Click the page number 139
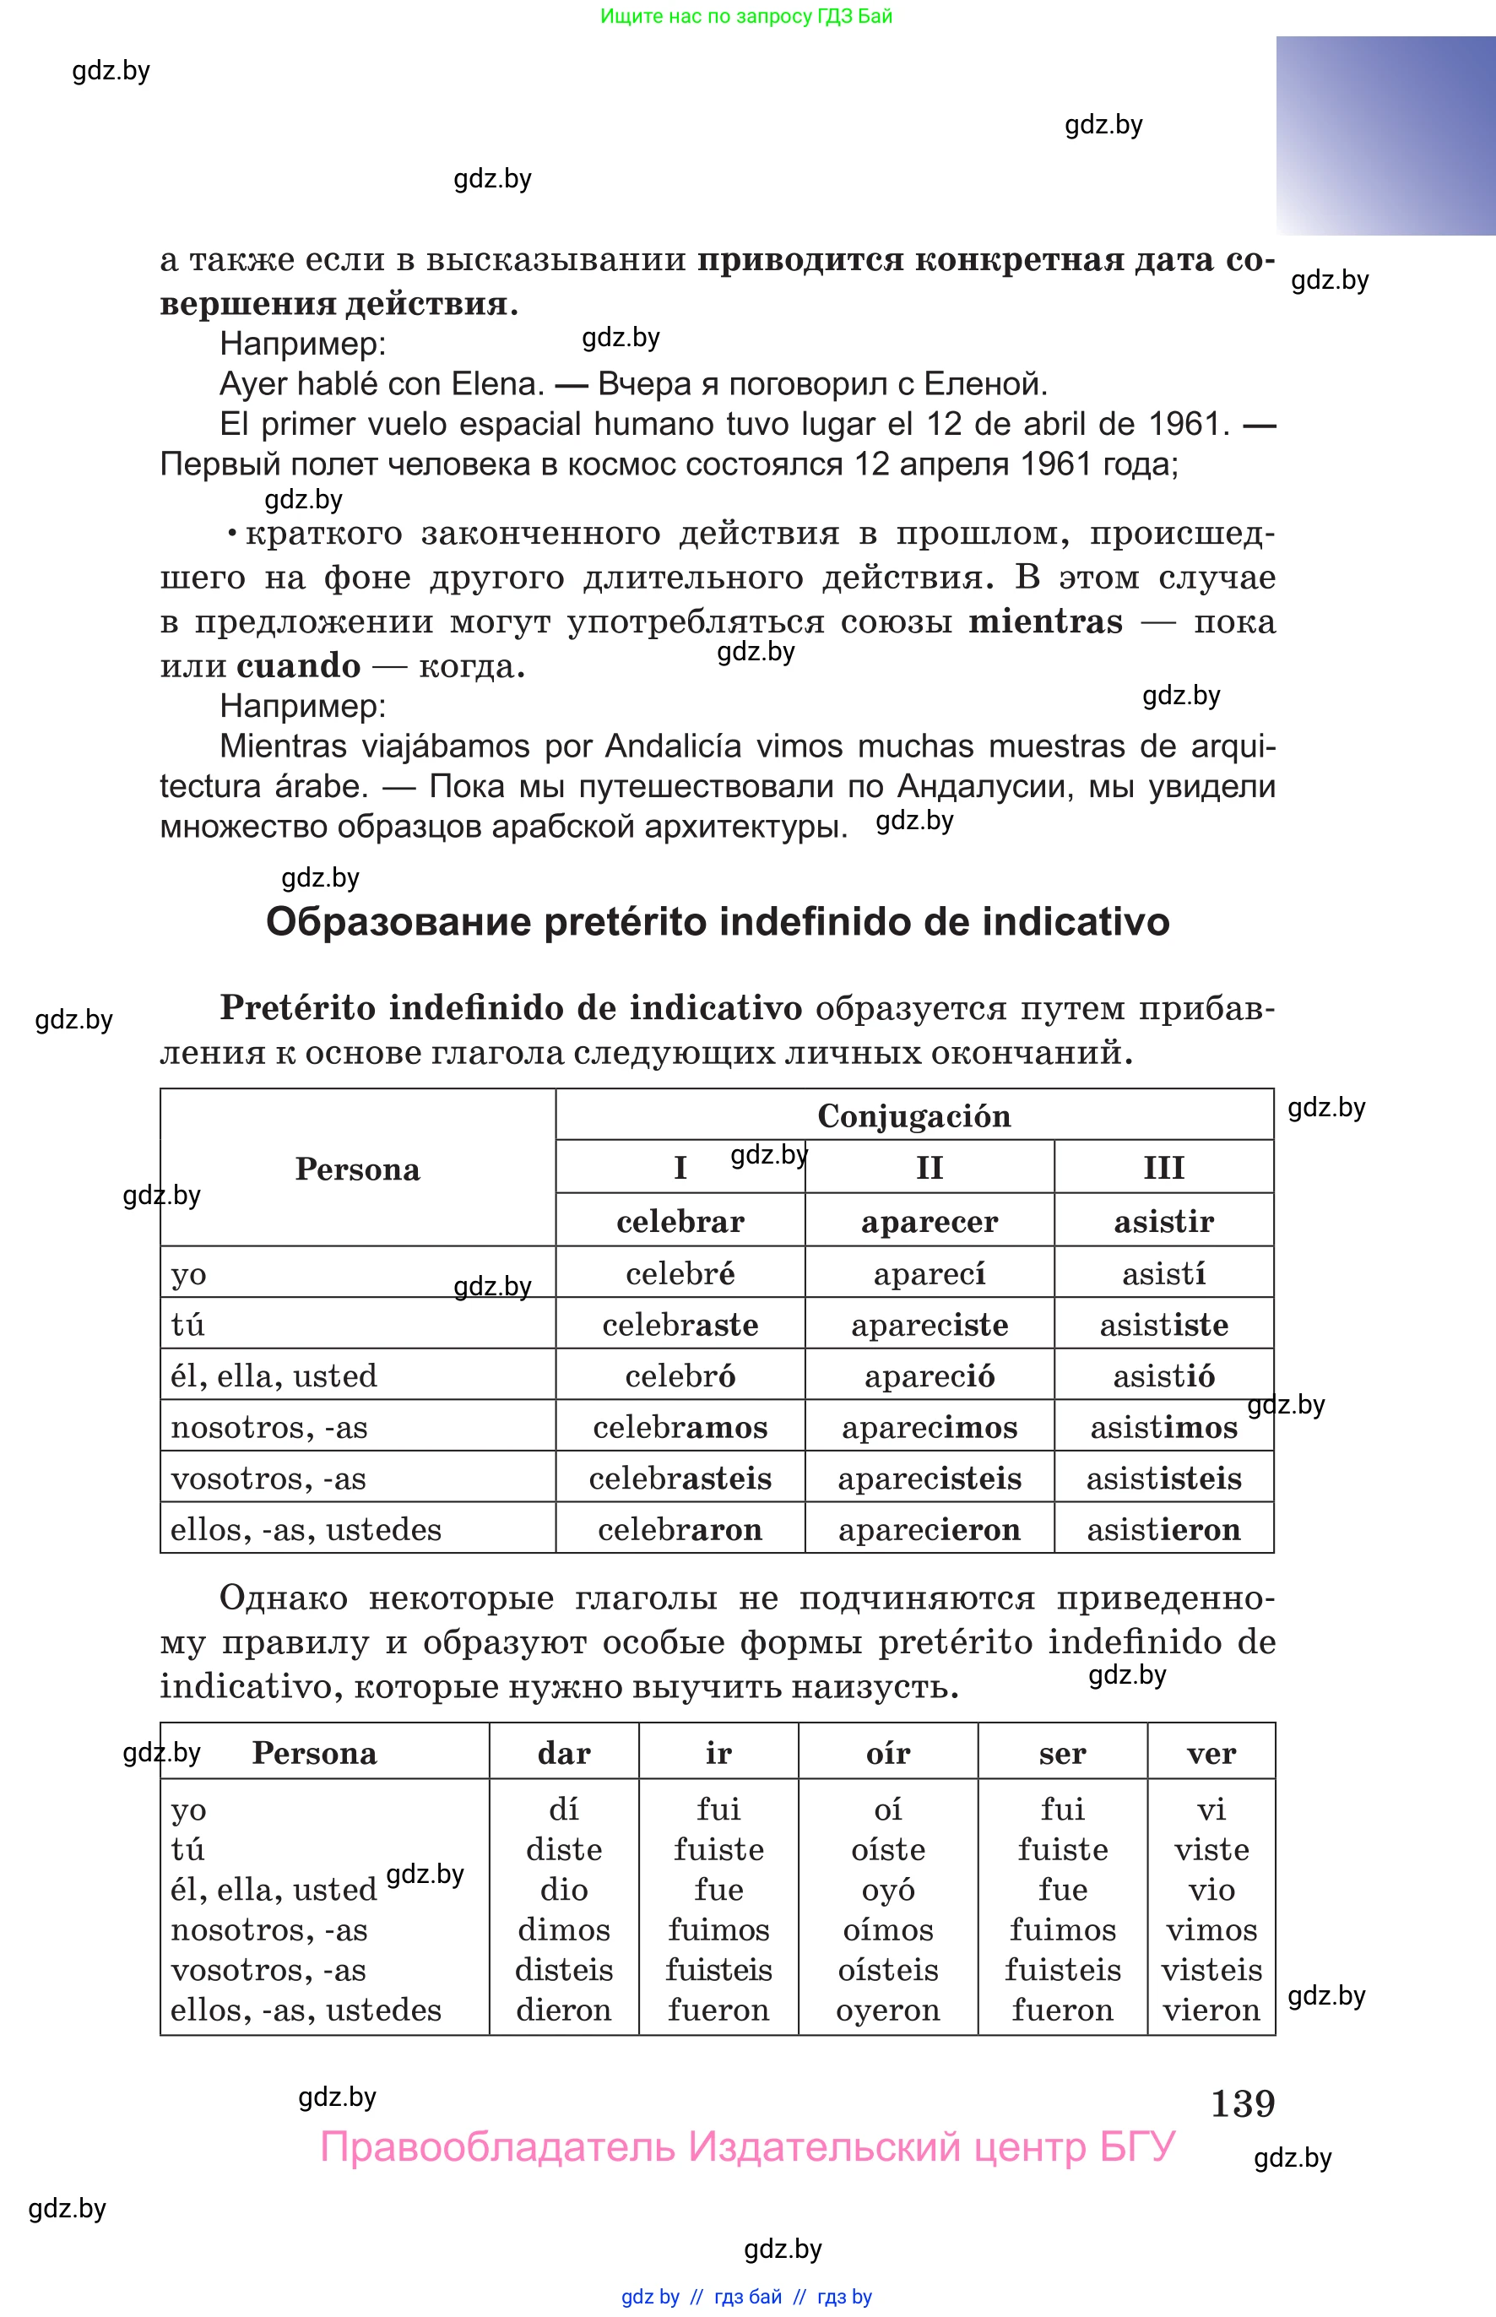1243,2103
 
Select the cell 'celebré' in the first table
680,1273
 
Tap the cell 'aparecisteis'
930,1479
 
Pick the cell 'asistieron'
1163,1530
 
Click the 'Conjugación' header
914,1115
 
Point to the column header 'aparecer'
930,1221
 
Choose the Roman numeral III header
1163,1167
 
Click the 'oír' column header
888,1754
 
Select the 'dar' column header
563,1754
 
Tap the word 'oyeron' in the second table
888,2010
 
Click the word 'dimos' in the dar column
563,1929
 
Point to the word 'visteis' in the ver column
1211,1970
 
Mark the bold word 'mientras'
1045,621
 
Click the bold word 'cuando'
298,666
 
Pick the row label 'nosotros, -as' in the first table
269,1427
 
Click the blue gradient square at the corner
1385,135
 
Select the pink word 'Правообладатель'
496,2147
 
